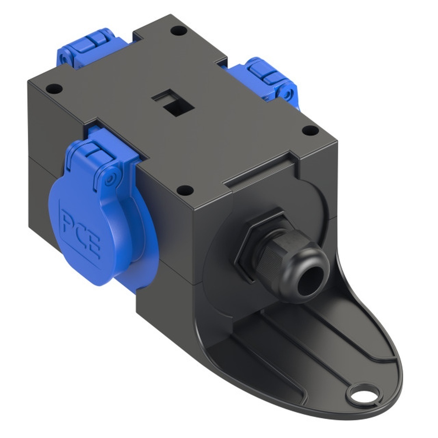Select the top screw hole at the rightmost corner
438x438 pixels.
coord(310,130)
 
